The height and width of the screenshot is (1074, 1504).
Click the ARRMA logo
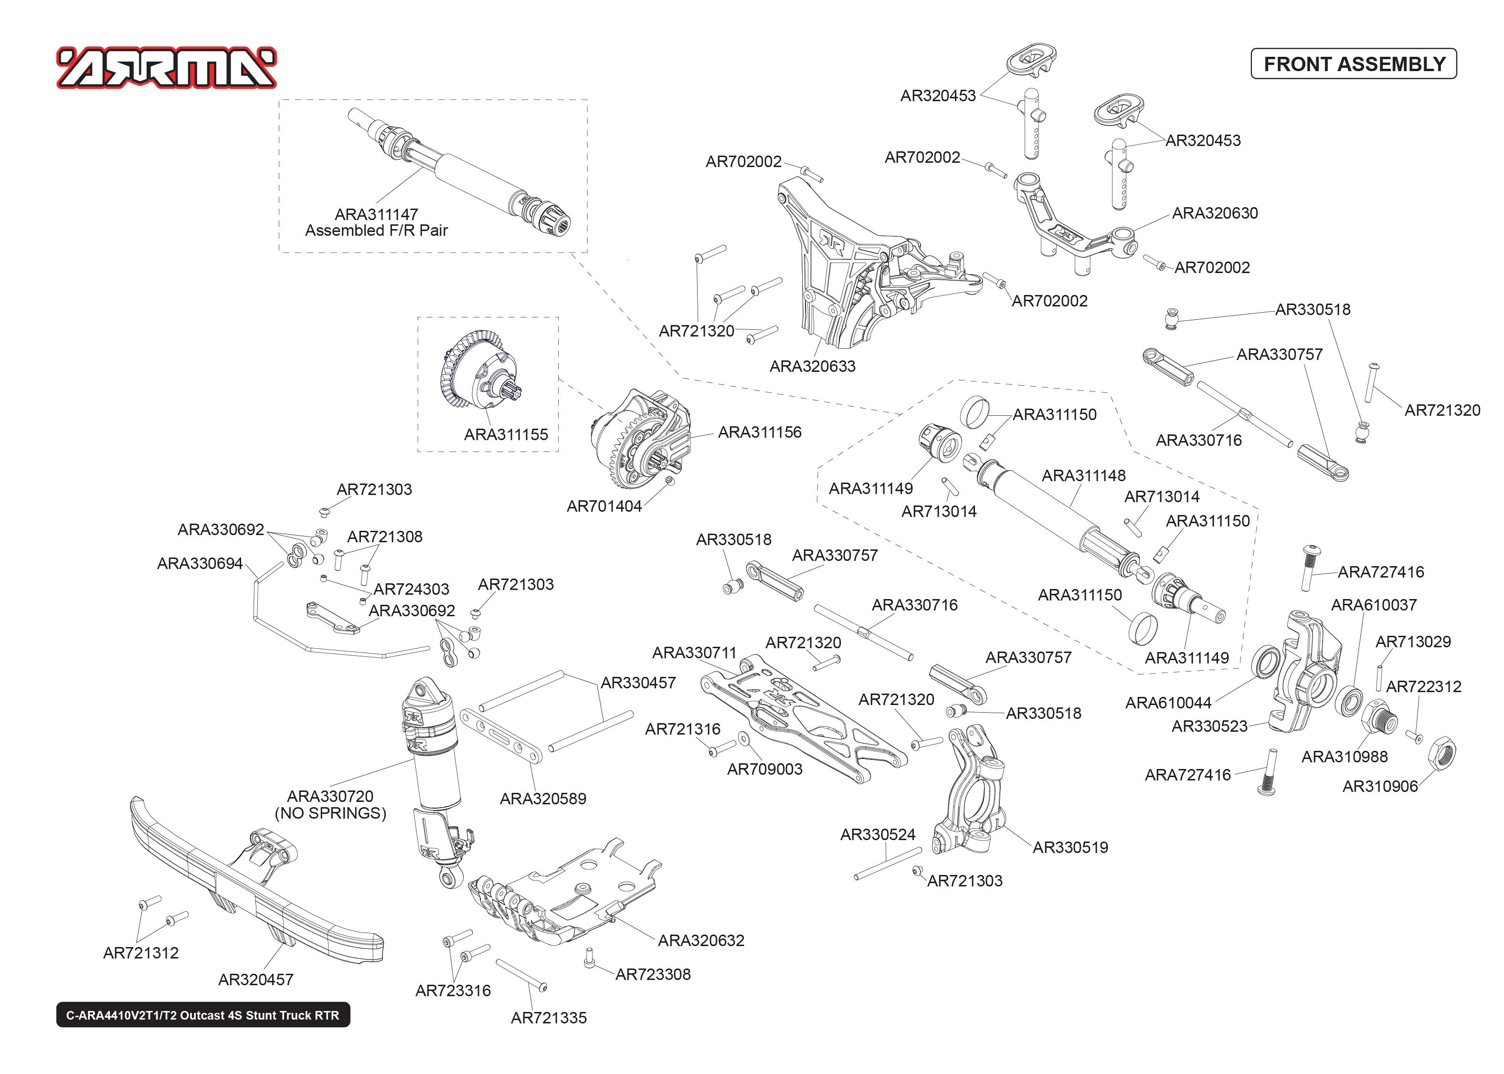(x=167, y=67)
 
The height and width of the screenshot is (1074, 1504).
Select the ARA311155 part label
(x=506, y=434)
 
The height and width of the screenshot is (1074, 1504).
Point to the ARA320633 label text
(x=812, y=367)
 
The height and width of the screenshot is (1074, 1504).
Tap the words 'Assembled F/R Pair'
(x=376, y=231)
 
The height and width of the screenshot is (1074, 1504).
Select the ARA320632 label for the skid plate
(x=701, y=940)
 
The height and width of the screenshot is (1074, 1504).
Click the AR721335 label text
(x=548, y=1018)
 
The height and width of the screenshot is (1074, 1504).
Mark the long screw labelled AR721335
(x=521, y=976)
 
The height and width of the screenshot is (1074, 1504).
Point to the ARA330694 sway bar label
(x=200, y=563)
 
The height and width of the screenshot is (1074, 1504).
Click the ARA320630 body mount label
(x=1215, y=213)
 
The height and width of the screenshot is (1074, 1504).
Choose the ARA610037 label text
(x=1374, y=605)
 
